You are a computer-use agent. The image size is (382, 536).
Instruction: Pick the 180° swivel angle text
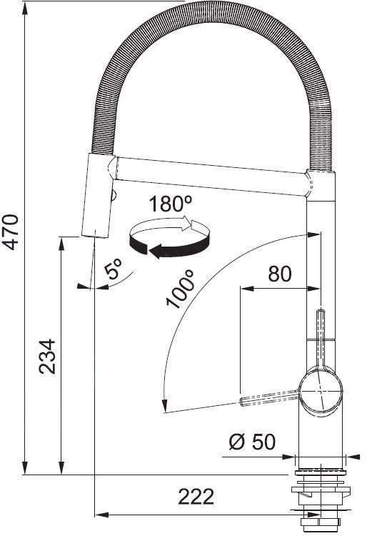(171, 204)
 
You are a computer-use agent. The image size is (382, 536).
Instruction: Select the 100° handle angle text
(181, 289)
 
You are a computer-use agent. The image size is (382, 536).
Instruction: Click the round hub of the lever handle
(320, 392)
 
